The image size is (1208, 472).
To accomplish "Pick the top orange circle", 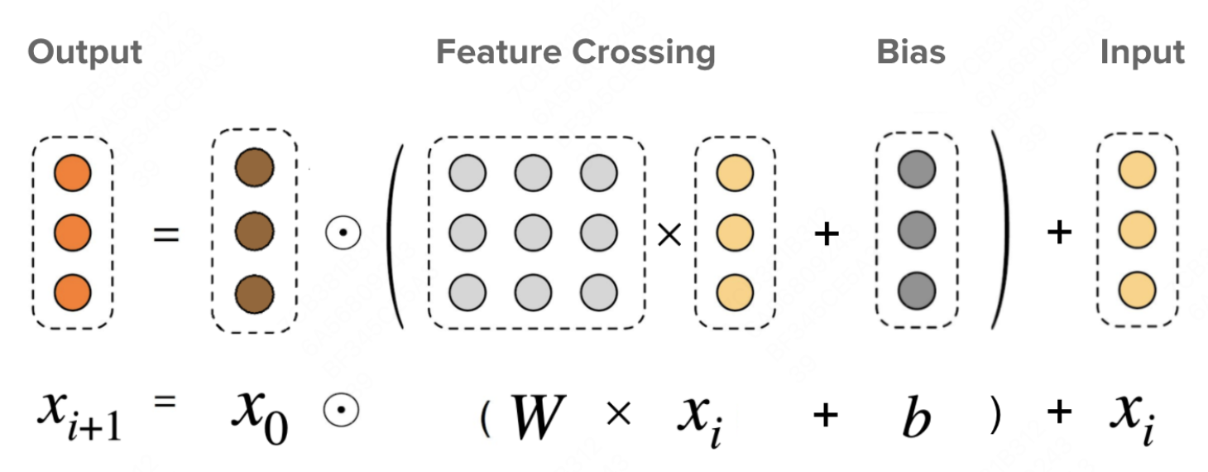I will point(72,174).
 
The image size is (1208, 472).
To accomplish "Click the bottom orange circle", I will point(72,291).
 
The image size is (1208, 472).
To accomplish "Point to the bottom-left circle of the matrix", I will point(467,291).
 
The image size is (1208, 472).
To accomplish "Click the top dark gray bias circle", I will point(917,171).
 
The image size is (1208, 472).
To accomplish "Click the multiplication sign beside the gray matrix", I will point(668,235).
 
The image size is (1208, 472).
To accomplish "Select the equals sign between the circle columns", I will point(166,234).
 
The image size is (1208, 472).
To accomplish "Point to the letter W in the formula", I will point(539,417).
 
